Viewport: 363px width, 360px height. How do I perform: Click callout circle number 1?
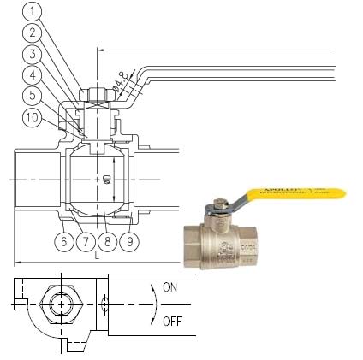pyautogui.click(x=31, y=12)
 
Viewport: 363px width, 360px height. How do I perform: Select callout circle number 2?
pyautogui.click(x=31, y=32)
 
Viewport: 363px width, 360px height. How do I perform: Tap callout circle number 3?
pyautogui.click(x=31, y=53)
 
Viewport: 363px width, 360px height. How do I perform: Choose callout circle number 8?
pyautogui.click(x=107, y=242)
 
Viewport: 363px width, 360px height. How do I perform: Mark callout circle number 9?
pyautogui.click(x=128, y=242)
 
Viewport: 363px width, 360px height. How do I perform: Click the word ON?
pyautogui.click(x=170, y=288)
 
